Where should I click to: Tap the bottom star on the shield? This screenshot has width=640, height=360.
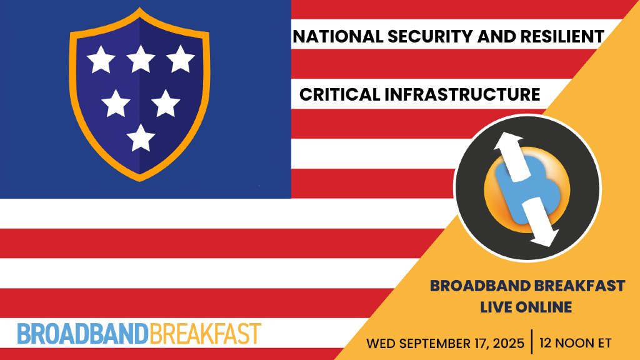(141, 137)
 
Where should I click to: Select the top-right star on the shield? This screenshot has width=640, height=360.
(181, 59)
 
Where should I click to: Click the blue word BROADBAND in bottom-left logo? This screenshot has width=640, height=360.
(83, 334)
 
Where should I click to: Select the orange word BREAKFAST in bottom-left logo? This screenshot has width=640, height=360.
(205, 334)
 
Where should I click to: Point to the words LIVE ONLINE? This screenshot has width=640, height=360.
(526, 307)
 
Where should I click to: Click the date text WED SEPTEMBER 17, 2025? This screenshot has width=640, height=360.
(446, 343)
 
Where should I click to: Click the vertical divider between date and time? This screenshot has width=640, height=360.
(532, 342)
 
